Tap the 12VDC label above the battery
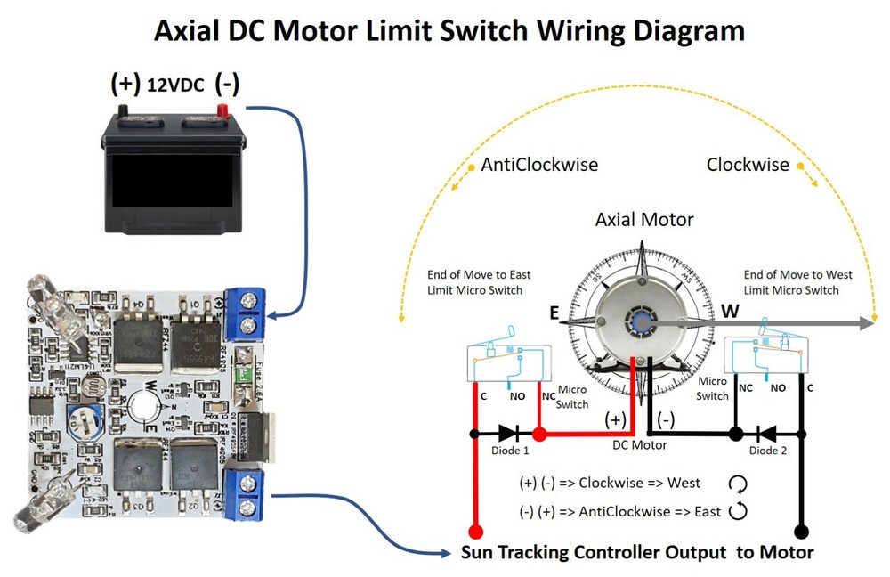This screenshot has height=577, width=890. click(x=176, y=85)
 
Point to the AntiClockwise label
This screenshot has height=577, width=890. click(x=539, y=165)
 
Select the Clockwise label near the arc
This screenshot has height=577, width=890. click(x=748, y=165)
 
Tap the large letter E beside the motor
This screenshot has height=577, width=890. click(x=554, y=313)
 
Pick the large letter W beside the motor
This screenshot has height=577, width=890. click(x=730, y=313)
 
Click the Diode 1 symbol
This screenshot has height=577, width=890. click(x=509, y=435)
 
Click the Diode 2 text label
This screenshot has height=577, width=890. click(x=768, y=451)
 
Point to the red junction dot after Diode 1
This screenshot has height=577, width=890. click(x=538, y=435)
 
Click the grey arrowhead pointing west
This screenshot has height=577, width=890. click(x=864, y=323)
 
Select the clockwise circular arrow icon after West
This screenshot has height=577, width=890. click(x=737, y=484)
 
